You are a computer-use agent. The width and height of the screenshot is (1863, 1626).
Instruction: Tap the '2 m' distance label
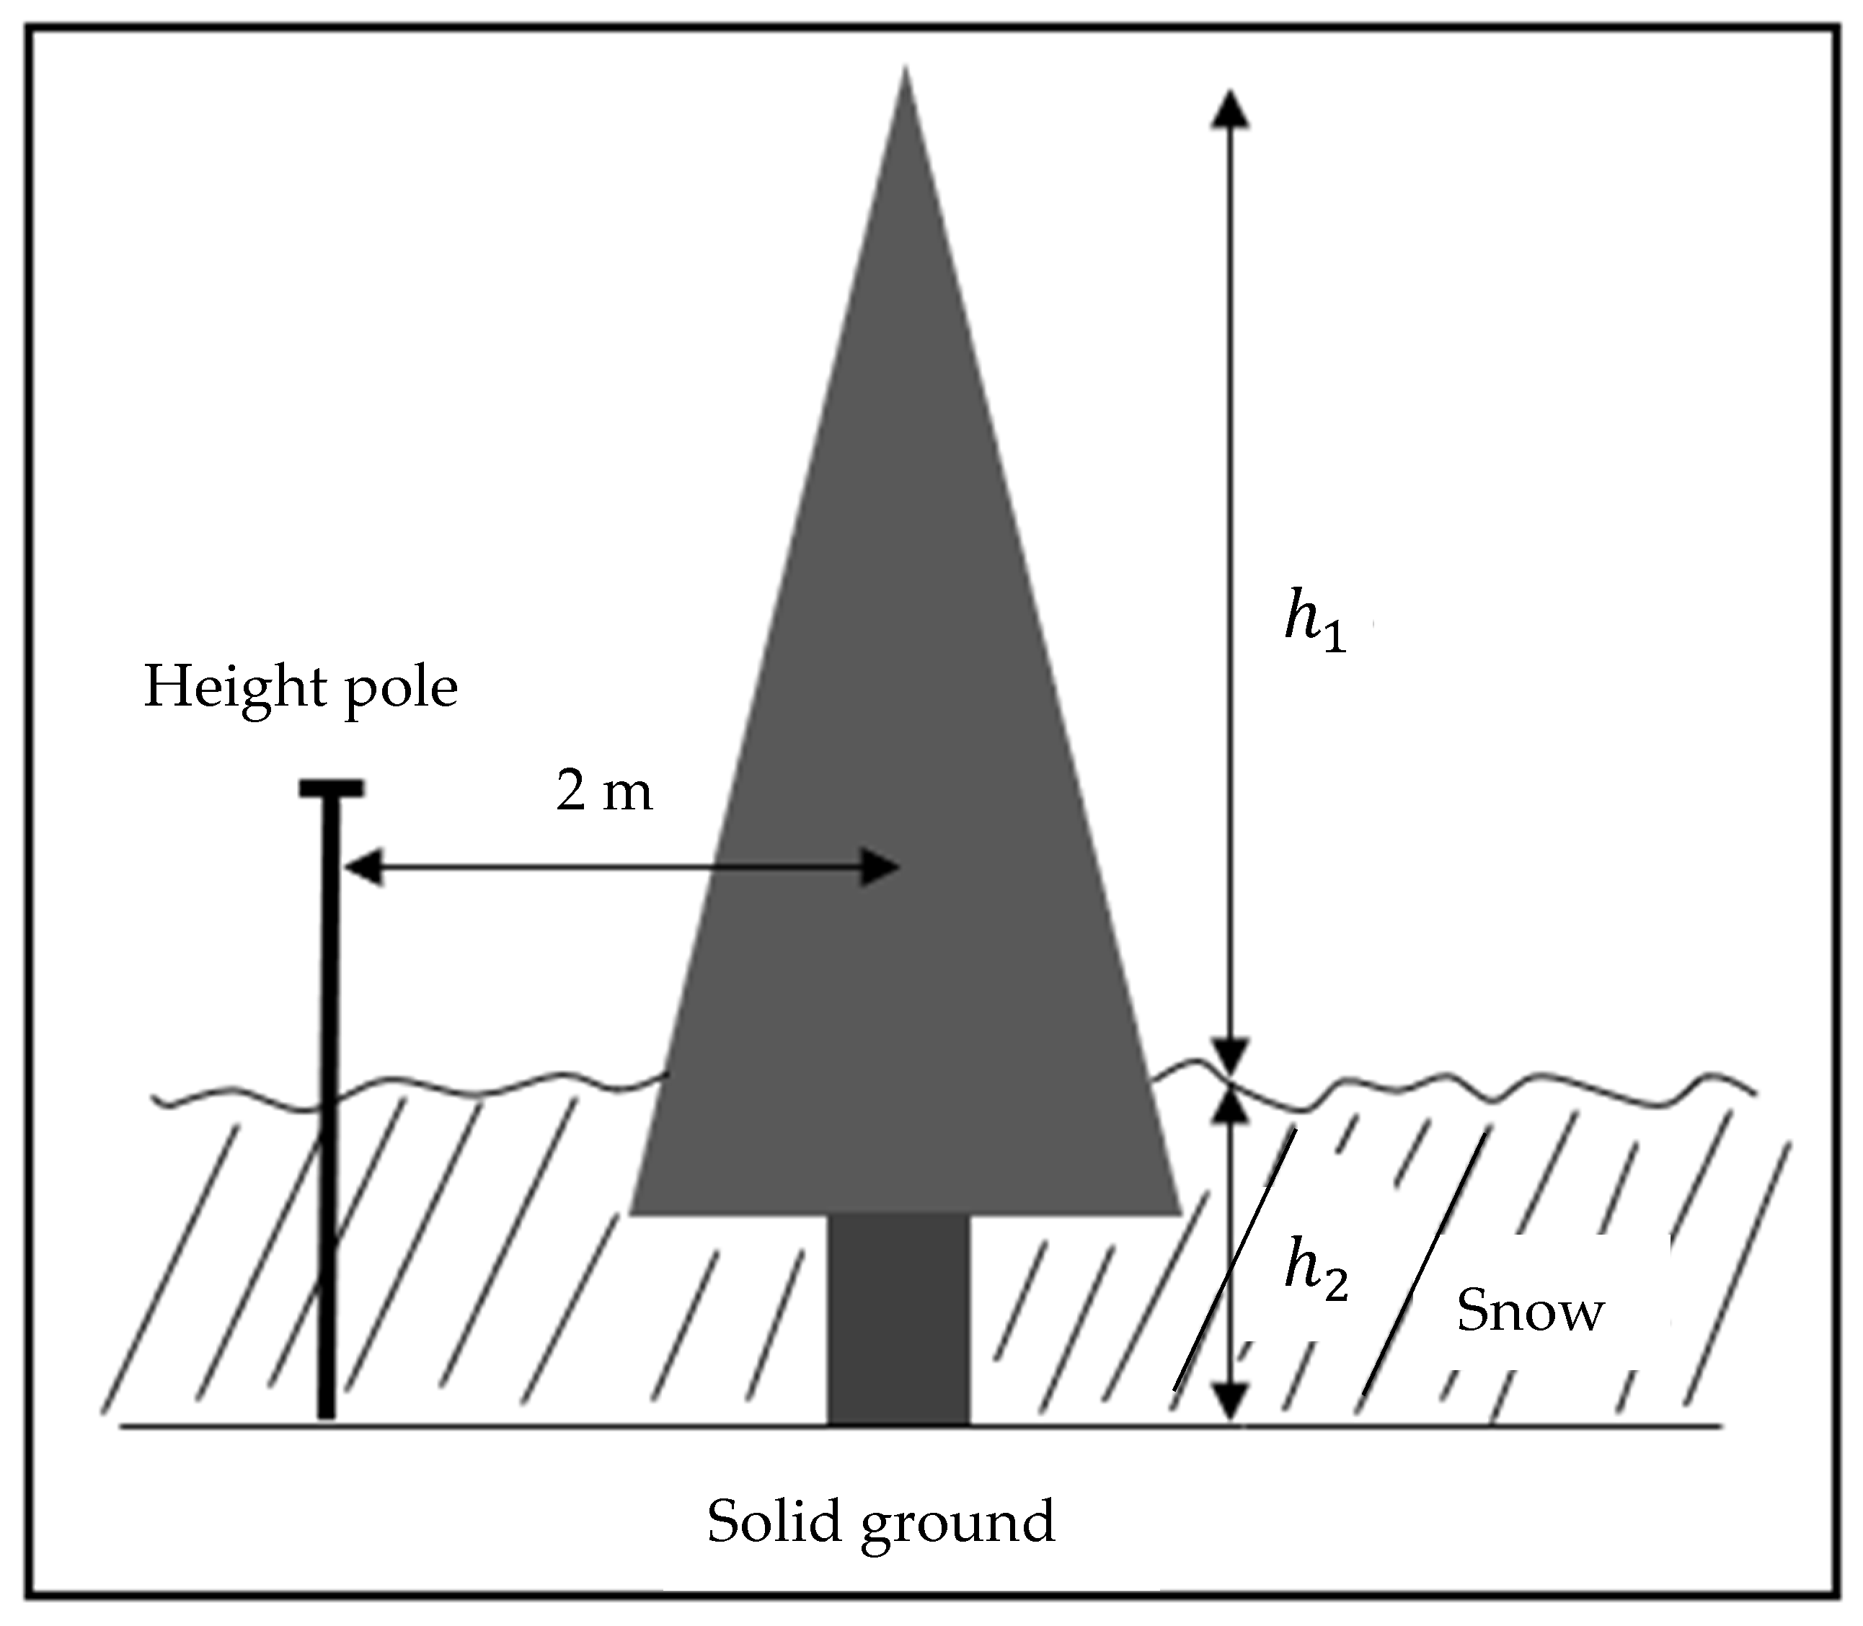603,791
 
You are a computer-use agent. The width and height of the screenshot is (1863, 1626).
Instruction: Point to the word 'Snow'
1530,1311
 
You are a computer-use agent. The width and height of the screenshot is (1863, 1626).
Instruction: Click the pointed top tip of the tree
905,73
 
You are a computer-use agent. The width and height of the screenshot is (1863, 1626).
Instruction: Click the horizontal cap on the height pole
331,788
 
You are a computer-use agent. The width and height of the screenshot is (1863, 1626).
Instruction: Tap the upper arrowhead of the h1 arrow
1229,108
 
